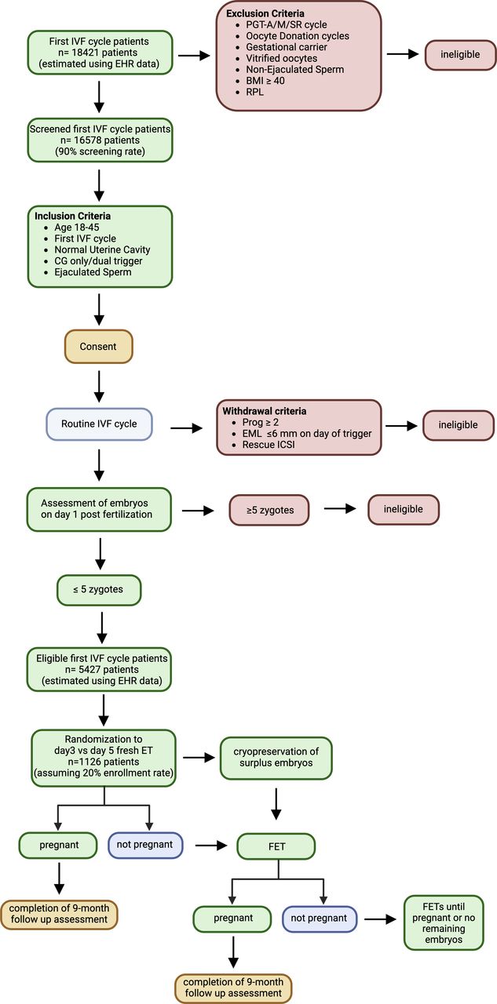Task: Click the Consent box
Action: coord(99,347)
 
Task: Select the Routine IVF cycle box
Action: coord(99,424)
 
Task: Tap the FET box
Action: coord(276,846)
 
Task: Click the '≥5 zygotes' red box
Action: coord(269,510)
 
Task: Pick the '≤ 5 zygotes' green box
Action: coord(99,589)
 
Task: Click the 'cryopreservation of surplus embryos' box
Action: coord(276,758)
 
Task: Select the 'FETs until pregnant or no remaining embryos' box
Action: coord(444,922)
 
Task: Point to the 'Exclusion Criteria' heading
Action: coord(265,13)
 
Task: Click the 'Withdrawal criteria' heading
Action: coord(265,411)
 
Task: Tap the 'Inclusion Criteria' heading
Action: coord(73,216)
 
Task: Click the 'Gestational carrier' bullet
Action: coord(286,47)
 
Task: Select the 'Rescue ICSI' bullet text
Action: coord(269,445)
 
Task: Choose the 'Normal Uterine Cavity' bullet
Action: coord(102,249)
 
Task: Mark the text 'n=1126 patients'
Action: coord(103,762)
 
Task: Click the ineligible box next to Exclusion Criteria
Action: coord(460,55)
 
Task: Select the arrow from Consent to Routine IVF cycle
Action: coord(99,387)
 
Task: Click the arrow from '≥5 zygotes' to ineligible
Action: coord(340,509)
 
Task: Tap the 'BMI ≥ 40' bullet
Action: coord(265,81)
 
